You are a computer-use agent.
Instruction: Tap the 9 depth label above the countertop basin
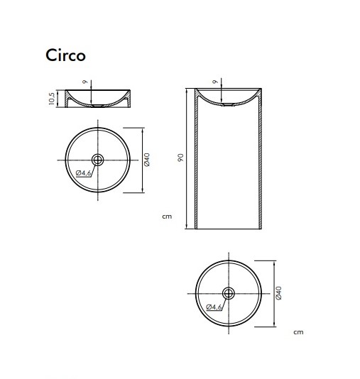84,82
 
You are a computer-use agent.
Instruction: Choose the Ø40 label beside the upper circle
146,160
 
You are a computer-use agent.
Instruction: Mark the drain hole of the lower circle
229,292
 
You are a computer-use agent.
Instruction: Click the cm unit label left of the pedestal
167,216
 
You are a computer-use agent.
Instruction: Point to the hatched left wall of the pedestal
197,160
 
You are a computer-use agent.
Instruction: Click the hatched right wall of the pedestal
261,160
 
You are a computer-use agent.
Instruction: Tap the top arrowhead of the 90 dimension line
188,92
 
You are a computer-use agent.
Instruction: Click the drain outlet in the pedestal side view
228,105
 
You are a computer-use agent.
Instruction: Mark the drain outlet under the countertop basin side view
97,105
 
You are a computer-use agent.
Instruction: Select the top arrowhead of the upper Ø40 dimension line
144,131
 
